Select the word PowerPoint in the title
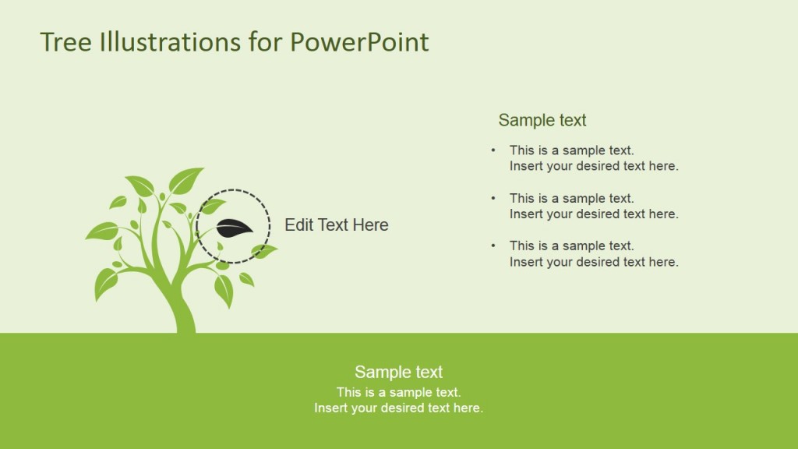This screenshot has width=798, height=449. coord(359,42)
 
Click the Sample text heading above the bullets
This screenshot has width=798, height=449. coord(542,120)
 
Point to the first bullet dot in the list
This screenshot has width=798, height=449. coord(493,150)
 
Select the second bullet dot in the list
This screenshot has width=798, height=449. coord(493,198)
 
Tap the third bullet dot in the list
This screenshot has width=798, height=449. coord(493,246)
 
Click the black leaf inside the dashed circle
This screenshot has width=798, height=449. coord(234,228)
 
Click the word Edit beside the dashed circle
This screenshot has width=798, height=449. coord(299,225)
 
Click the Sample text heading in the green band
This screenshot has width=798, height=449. coord(398,372)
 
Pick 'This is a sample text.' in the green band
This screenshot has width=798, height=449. coord(398,392)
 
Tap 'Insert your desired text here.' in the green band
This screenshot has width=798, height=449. coord(398,408)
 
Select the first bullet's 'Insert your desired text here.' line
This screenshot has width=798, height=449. coord(594,166)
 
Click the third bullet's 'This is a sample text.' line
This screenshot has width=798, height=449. coord(571,246)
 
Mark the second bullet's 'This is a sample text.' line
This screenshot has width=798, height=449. coord(571,198)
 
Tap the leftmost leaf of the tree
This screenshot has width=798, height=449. coord(101,231)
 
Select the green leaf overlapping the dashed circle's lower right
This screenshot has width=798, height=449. coord(263,251)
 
